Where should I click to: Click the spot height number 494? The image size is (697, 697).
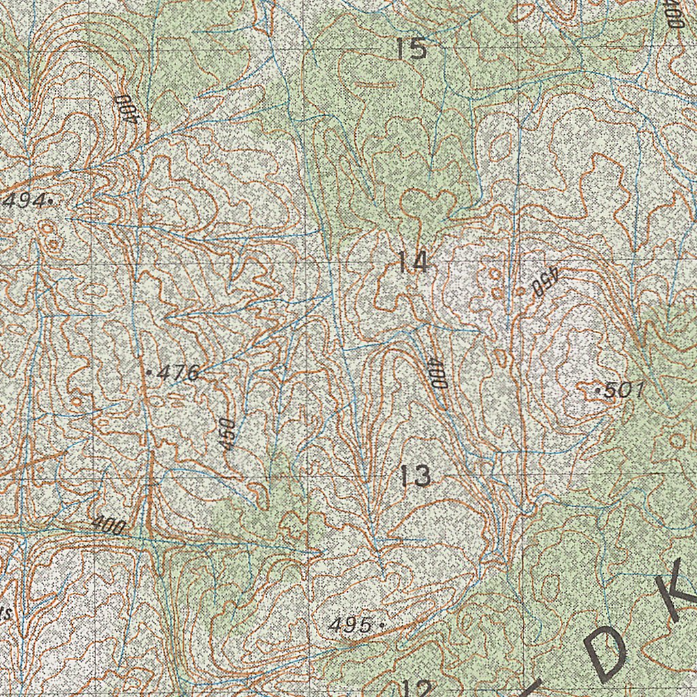(25, 200)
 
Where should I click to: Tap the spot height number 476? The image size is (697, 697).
(178, 372)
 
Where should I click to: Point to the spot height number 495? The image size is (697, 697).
(351, 624)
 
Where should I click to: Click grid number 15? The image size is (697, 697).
(412, 49)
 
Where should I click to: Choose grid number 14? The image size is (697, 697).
(413, 262)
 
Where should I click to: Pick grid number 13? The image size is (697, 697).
(415, 475)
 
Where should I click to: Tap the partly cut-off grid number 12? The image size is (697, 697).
(416, 689)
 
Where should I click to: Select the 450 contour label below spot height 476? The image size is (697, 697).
(227, 434)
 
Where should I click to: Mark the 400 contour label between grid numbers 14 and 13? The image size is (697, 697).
(437, 372)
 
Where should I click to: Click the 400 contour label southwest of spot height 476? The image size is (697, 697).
(109, 525)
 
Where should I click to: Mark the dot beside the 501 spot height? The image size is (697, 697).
(598, 391)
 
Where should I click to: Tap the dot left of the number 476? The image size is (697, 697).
(149, 372)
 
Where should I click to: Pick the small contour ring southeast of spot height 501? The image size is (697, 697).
(677, 440)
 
